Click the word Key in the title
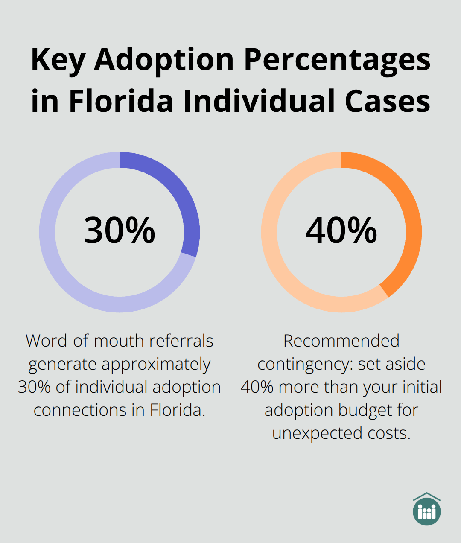click(58, 60)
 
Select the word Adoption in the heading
click(164, 60)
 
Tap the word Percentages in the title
click(337, 60)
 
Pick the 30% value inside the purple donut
click(120, 231)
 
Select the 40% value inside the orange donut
click(341, 231)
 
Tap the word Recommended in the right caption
click(341, 341)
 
